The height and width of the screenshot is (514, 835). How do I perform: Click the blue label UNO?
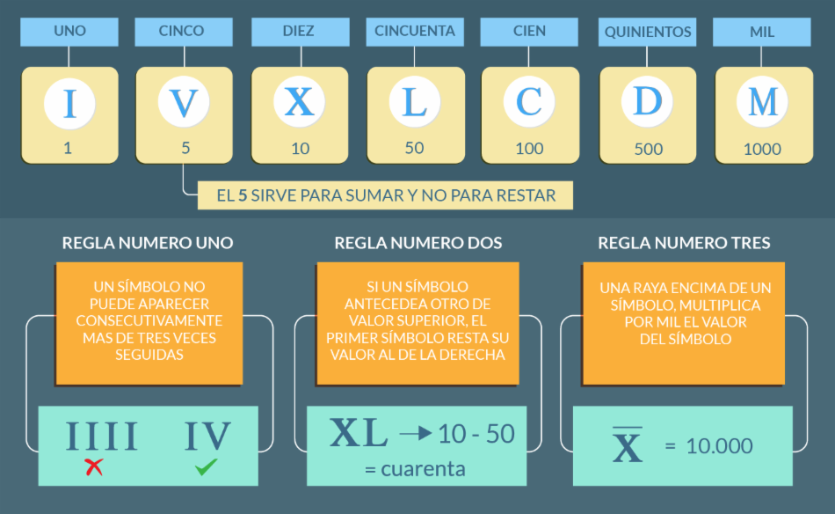69,31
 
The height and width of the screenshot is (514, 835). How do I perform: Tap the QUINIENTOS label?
648,32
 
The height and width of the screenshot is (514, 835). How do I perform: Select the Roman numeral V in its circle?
184,103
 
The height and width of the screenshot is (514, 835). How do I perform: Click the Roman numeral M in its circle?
762,103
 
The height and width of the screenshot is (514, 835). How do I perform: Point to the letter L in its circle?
414,103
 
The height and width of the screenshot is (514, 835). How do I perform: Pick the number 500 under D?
648,149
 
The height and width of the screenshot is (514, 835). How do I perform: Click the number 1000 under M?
762,149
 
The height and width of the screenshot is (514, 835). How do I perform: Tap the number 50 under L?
414,148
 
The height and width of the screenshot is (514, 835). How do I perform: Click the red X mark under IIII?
94,466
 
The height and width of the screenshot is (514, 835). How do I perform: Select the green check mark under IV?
207,466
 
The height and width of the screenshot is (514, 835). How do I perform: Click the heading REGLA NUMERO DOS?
418,243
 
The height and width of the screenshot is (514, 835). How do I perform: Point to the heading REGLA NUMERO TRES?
684,243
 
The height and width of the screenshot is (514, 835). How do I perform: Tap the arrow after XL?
416,433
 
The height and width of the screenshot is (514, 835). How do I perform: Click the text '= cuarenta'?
415,468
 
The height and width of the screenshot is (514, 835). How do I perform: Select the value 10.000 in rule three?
719,446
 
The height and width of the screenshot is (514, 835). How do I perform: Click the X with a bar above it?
627,445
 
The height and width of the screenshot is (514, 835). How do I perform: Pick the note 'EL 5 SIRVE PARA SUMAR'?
385,195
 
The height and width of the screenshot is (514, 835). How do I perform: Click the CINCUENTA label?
415,31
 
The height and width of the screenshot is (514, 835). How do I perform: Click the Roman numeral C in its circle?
529,103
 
